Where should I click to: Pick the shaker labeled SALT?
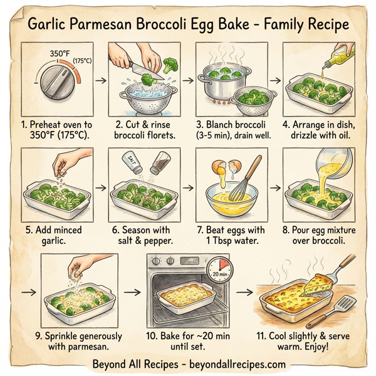[x=134, y=164]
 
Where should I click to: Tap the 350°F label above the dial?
[x=59, y=55]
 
